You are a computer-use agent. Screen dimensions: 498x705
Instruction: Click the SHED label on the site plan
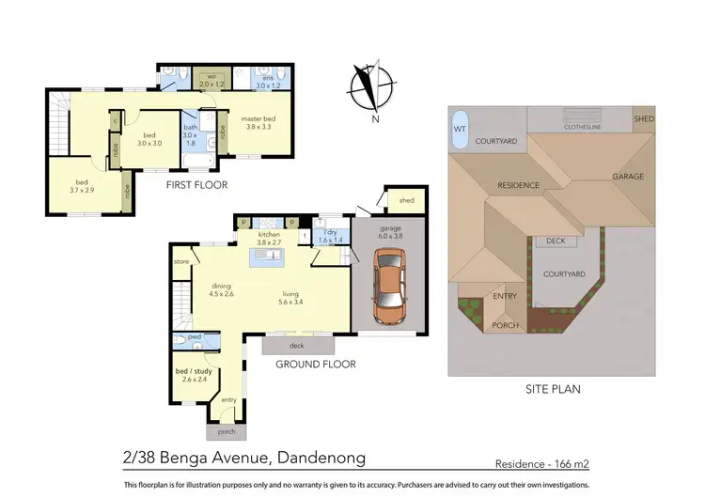(643, 119)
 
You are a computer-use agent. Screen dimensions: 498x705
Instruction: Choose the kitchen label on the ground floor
(269, 235)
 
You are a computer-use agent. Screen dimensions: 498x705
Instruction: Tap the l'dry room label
(329, 235)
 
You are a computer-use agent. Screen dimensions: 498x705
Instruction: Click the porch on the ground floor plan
(227, 431)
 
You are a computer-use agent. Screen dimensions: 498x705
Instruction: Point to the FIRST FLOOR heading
(196, 185)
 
